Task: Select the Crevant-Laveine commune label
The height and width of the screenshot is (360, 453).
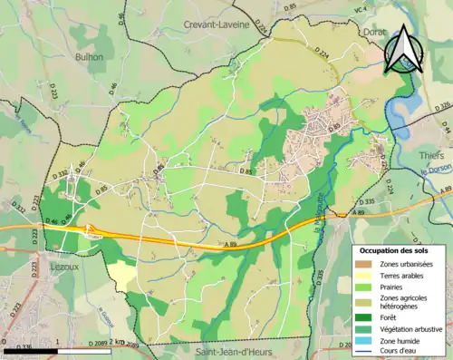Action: click(216, 25)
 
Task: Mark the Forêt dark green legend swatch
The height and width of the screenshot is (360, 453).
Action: click(362, 317)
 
